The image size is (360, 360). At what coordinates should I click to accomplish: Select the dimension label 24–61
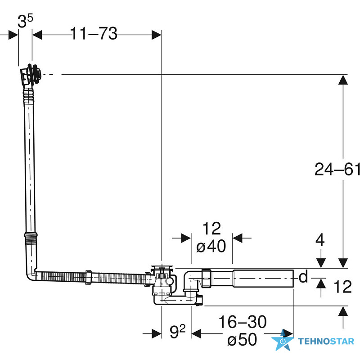tap(337, 170)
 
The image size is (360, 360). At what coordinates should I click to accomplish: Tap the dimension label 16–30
tap(243, 322)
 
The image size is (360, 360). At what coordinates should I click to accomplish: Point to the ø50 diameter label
tap(242, 339)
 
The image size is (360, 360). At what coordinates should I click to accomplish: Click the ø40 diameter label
tap(211, 246)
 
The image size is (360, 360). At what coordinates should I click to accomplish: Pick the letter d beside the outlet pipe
tap(303, 276)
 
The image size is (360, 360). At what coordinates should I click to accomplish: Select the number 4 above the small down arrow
tap(320, 240)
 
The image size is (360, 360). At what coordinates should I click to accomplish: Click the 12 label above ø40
tap(211, 228)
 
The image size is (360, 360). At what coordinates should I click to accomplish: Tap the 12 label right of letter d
tap(342, 287)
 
